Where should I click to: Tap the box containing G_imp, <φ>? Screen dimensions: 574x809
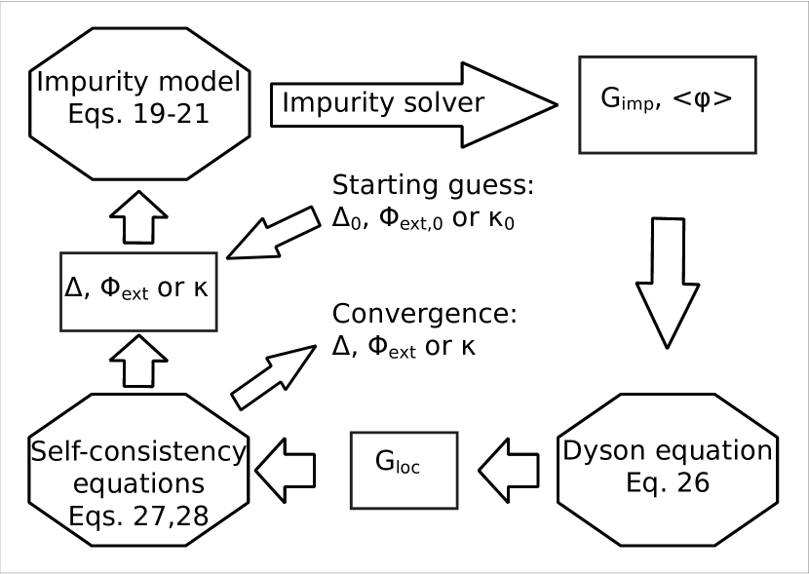tap(667, 104)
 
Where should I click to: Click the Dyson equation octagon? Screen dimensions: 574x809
tap(667, 467)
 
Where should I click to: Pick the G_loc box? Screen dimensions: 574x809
tap(404, 469)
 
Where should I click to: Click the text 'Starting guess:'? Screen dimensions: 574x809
tap(434, 187)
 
